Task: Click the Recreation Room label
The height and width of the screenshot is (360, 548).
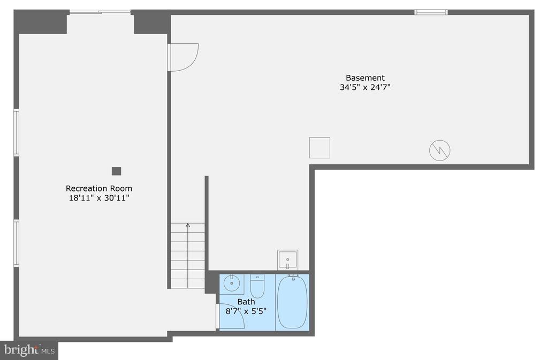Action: point(99,188)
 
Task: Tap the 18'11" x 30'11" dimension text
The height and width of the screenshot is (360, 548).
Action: point(99,198)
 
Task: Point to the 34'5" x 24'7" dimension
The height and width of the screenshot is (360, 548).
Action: point(365,87)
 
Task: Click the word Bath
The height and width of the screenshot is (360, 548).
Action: point(246,302)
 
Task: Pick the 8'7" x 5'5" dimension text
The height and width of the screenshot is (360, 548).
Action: point(246,311)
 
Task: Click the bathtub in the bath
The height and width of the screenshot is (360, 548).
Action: point(292,302)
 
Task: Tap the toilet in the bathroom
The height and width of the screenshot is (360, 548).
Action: point(257,286)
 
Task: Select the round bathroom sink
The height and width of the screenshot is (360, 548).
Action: point(231,283)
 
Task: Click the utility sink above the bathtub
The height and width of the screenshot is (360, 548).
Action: point(287,260)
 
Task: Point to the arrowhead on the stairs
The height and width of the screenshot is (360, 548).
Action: point(188,225)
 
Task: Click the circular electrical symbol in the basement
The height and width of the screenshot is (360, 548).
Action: point(440,150)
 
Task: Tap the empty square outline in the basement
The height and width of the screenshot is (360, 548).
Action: point(319,148)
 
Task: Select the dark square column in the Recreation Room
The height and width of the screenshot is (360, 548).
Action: point(116,171)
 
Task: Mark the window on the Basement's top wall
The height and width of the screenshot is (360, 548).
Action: point(431,12)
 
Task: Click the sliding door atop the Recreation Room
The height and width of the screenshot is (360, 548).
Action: point(100,12)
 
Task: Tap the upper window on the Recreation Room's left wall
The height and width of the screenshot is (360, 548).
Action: point(16,132)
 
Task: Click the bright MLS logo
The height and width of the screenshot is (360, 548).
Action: point(29,350)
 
